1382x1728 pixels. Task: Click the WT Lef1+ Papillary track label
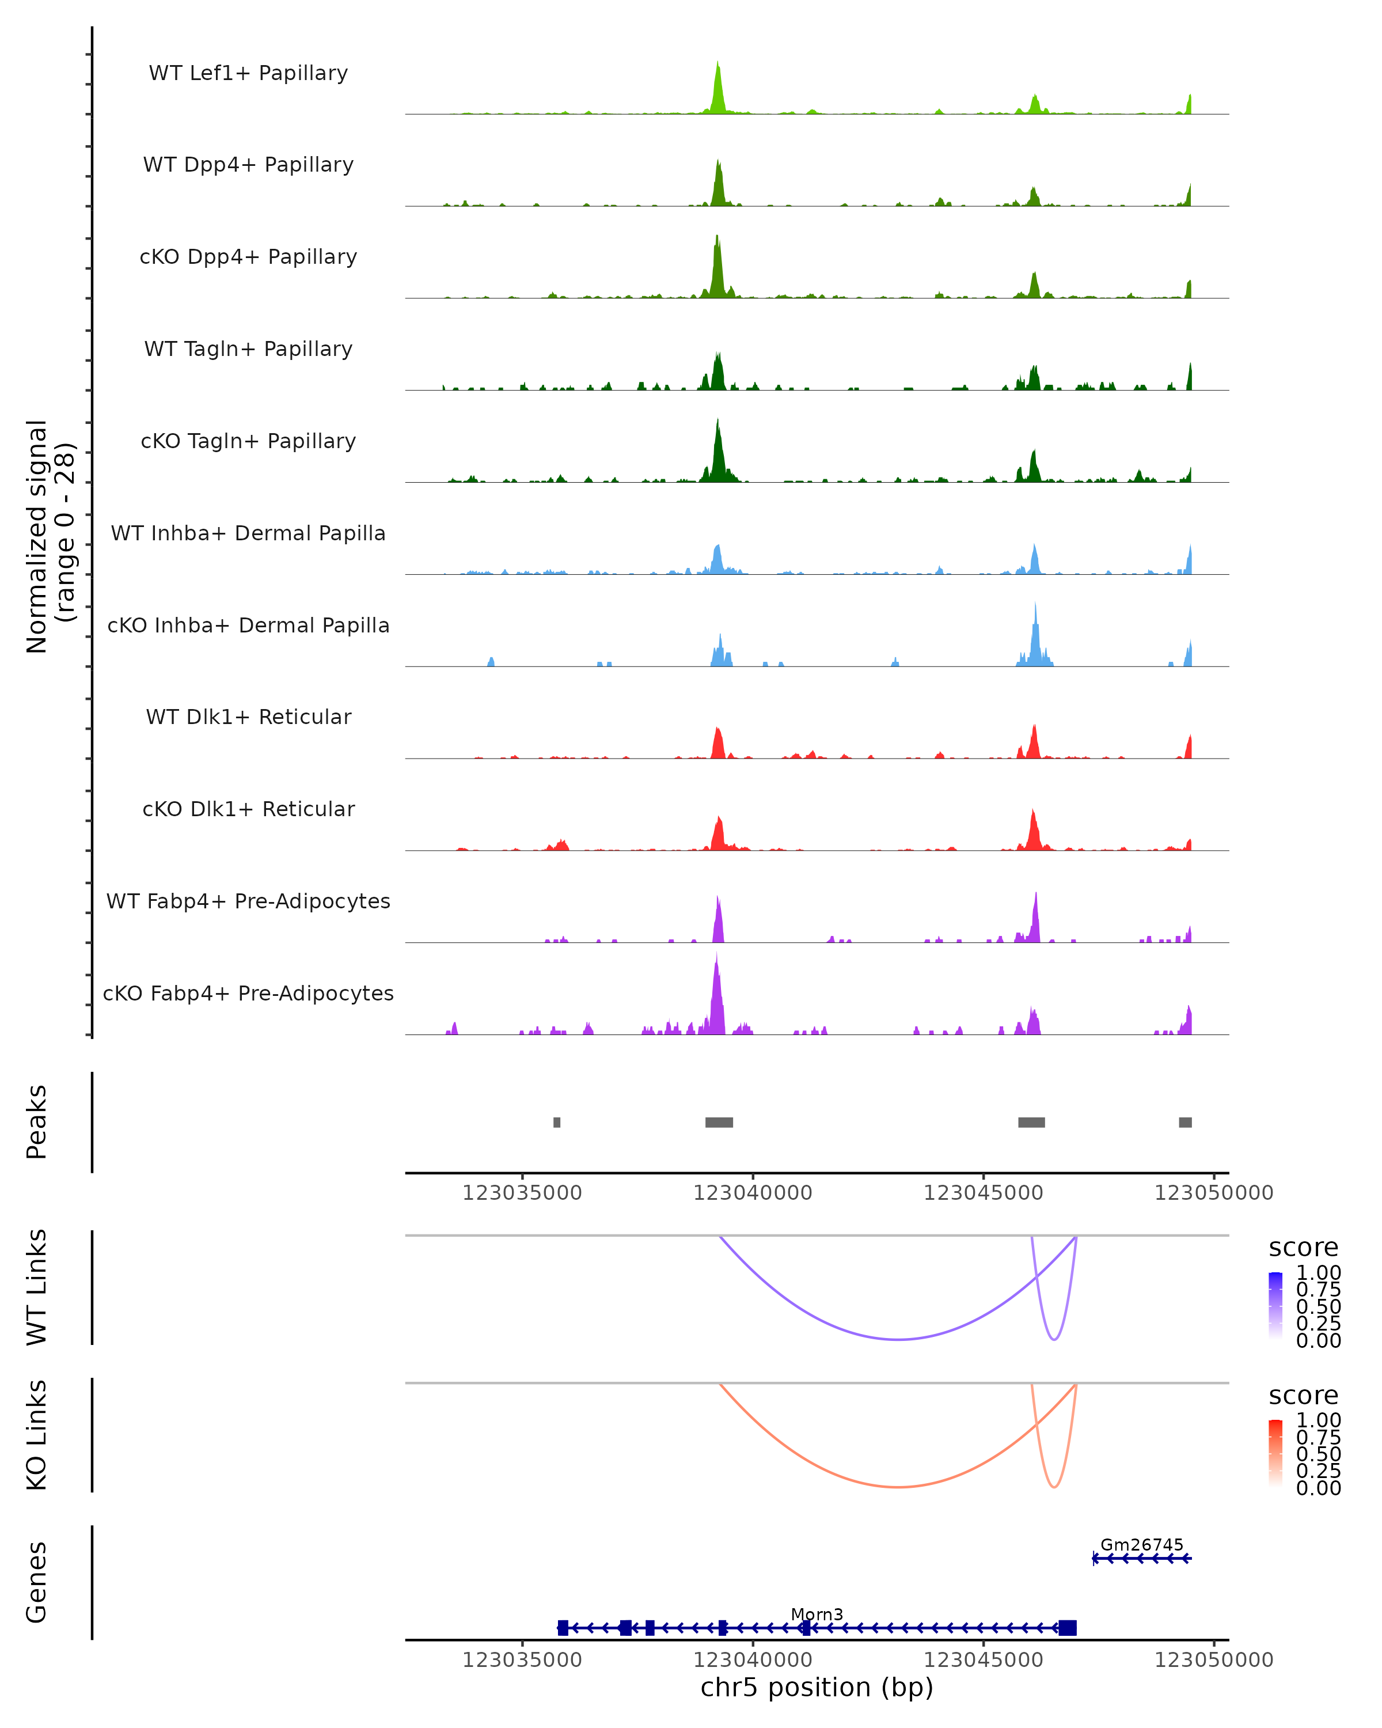click(x=248, y=73)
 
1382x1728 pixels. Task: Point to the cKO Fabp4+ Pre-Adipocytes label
click(x=248, y=993)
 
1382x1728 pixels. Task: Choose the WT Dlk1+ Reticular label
click(x=248, y=717)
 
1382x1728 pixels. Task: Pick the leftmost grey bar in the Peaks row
click(x=557, y=1122)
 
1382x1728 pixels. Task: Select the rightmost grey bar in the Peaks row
click(x=1185, y=1122)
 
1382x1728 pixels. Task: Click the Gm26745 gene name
click(x=1142, y=1544)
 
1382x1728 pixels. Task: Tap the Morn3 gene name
click(x=817, y=1614)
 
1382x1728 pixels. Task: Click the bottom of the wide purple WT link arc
click(x=899, y=1339)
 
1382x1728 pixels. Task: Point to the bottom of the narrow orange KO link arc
click(x=1054, y=1487)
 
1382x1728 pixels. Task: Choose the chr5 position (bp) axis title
click(x=817, y=1687)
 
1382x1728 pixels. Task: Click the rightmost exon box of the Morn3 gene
click(x=1067, y=1628)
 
